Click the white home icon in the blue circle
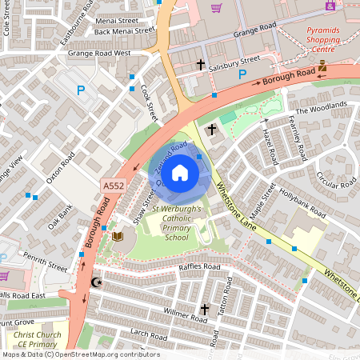pos(180,172)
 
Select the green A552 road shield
pos(113,186)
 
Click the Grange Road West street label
pos(98,54)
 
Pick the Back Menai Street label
pos(123,31)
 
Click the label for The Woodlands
pos(321,108)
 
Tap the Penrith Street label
pos(45,261)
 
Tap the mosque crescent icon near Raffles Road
pos(98,282)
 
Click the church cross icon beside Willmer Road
pos(204,308)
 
